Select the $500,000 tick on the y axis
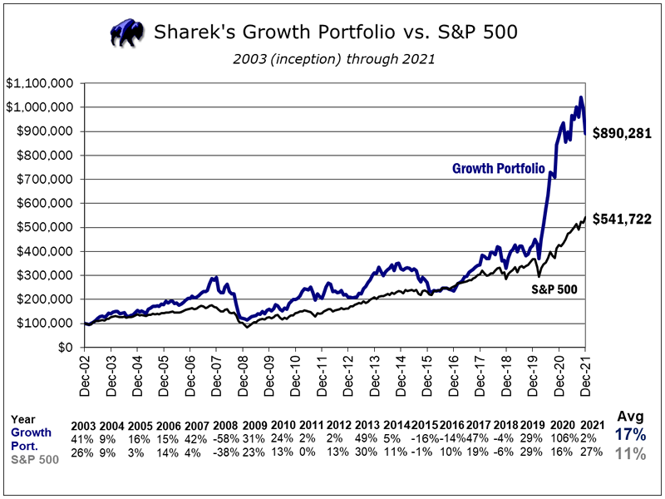click(x=45, y=227)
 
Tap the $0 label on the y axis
click(x=63, y=347)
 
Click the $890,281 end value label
click(x=621, y=133)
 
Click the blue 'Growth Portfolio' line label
click(x=498, y=169)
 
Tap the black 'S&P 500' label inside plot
click(x=554, y=289)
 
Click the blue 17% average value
click(x=628, y=434)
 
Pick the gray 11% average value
click(x=628, y=453)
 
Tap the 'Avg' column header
click(x=628, y=416)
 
